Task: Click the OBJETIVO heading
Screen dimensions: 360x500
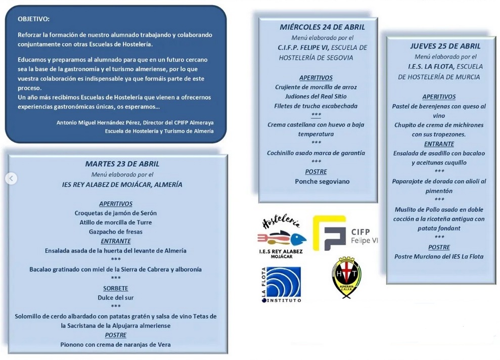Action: [x=34, y=19]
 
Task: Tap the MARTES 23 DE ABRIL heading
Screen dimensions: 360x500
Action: [x=122, y=164]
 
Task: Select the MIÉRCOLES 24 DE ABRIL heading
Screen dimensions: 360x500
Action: [x=322, y=27]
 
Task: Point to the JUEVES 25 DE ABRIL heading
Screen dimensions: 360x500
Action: [x=438, y=46]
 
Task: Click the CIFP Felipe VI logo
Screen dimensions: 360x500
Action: [x=345, y=234]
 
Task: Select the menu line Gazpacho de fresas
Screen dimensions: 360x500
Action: [x=116, y=232]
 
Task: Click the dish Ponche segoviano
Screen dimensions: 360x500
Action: [x=322, y=181]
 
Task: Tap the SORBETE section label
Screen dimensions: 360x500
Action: [x=116, y=288]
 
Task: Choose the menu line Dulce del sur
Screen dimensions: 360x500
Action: [x=116, y=297]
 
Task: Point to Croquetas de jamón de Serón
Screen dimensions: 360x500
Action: [x=116, y=213]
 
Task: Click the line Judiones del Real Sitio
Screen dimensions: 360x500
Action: [x=316, y=96]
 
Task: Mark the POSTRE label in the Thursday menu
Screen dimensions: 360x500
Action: [x=439, y=247]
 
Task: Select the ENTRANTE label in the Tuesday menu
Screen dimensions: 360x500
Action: [x=116, y=241]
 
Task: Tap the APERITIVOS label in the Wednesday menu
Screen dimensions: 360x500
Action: [x=316, y=78]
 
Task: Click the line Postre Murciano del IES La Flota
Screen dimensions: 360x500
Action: [x=439, y=256]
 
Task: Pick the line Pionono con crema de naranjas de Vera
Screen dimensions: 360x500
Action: [x=116, y=344]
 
